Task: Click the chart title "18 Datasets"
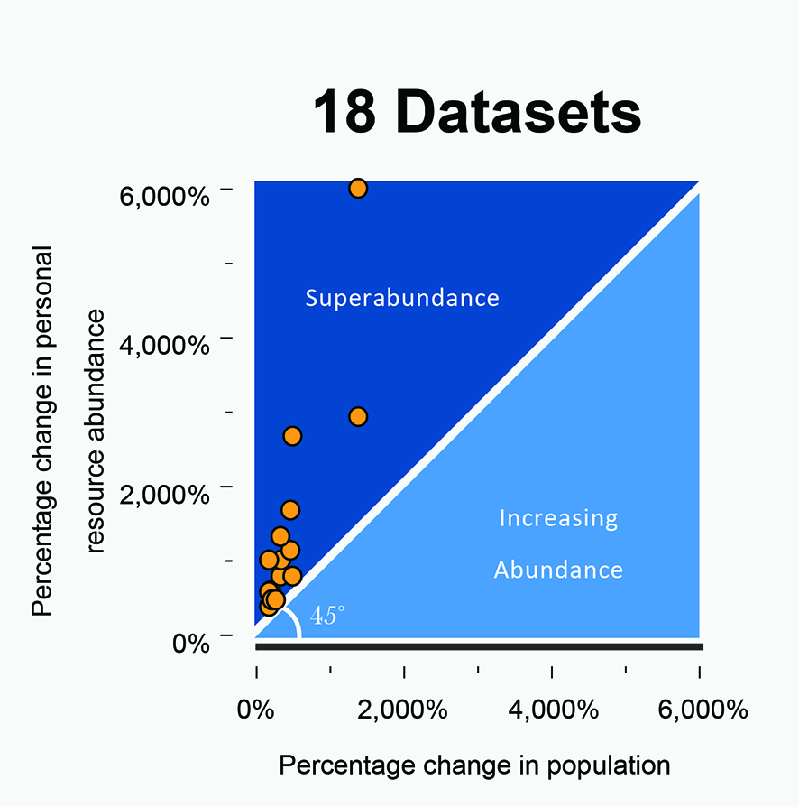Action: click(477, 115)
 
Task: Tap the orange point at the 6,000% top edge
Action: click(358, 188)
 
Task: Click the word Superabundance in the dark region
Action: click(401, 298)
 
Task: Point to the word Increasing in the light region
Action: click(558, 518)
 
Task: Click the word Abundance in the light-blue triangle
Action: click(558, 570)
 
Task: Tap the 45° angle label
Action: click(326, 617)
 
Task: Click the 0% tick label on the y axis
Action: click(191, 643)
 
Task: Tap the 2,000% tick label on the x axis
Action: click(403, 710)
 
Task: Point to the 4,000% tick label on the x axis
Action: click(551, 710)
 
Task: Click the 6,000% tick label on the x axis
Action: click(699, 710)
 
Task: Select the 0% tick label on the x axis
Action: click(256, 710)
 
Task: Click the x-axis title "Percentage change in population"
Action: click(474, 766)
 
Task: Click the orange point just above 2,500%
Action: click(292, 436)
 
